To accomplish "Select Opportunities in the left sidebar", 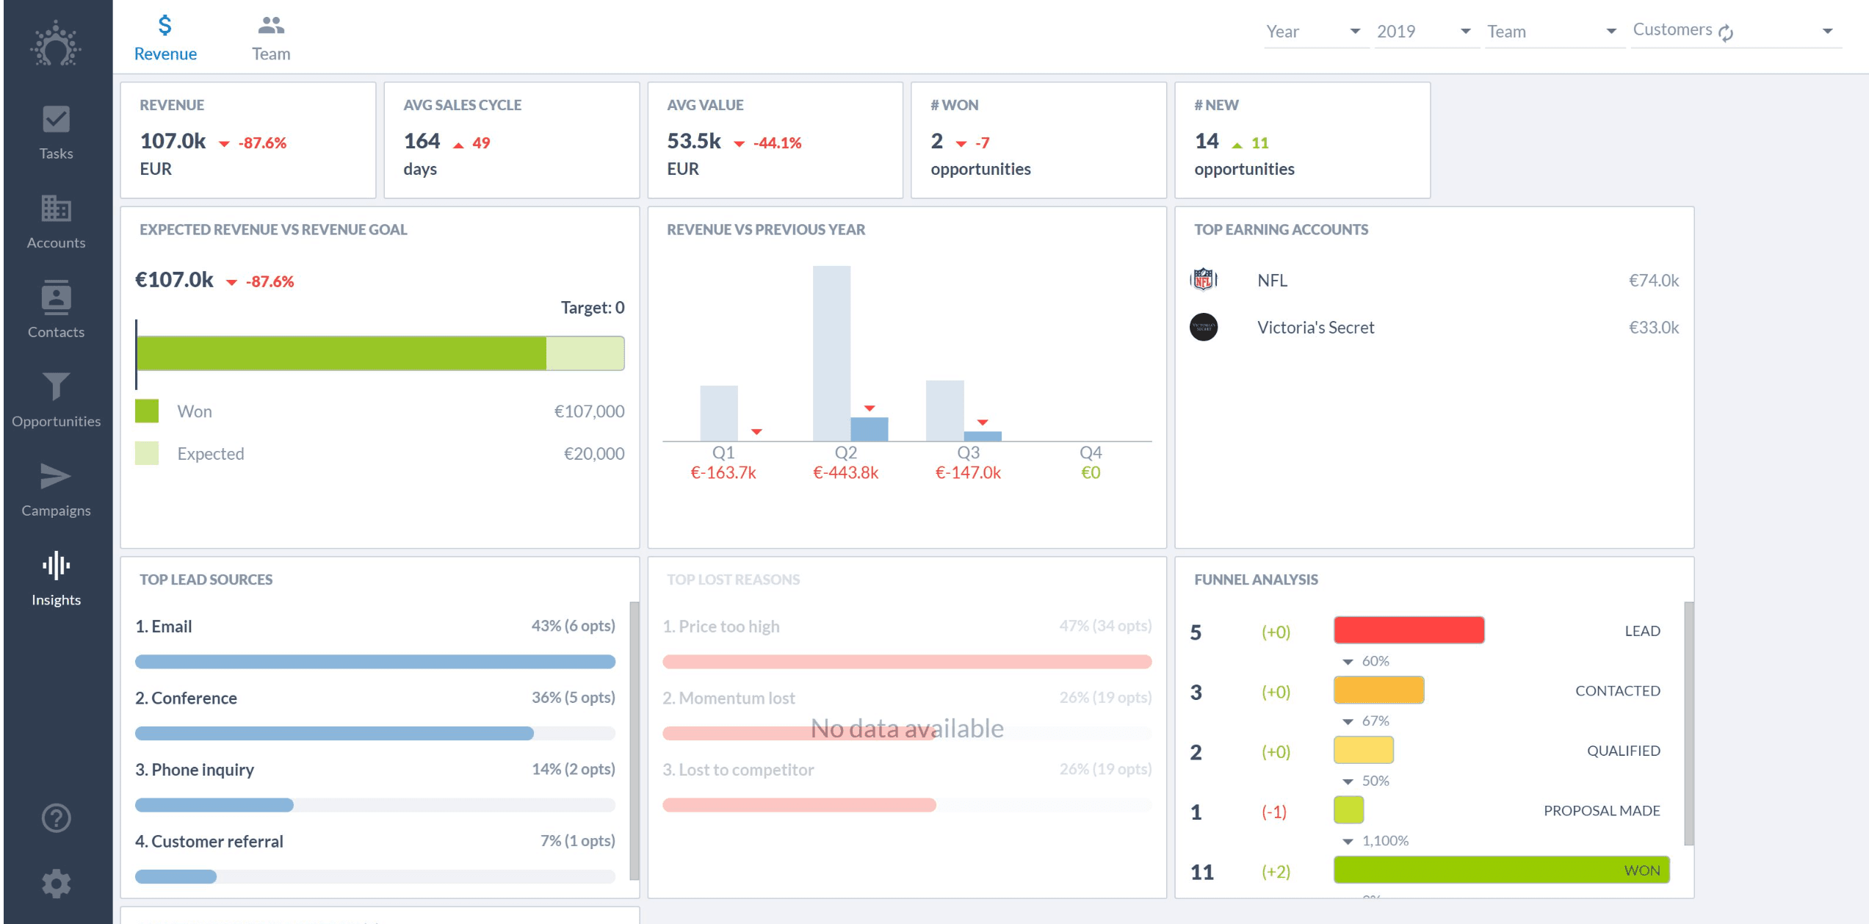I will (x=56, y=400).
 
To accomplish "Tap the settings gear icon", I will (x=56, y=884).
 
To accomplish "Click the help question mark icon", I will (x=56, y=817).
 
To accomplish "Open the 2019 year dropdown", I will (x=1423, y=32).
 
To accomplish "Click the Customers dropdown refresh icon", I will (x=1727, y=32).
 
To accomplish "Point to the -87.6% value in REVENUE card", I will (x=262, y=143).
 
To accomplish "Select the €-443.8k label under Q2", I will (x=845, y=473).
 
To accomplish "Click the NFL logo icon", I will (x=1203, y=280).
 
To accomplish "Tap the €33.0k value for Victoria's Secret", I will (x=1653, y=328).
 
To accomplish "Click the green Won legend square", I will (x=147, y=411).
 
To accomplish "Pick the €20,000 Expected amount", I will (x=593, y=454).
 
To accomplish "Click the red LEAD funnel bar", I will (x=1408, y=630).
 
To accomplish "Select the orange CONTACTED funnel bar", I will (x=1378, y=690).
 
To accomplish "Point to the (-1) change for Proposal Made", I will (x=1273, y=812).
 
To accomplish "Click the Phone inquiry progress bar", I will (x=375, y=805).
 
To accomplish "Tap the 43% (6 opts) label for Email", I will (x=573, y=626).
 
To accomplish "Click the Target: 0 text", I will (x=592, y=308).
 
